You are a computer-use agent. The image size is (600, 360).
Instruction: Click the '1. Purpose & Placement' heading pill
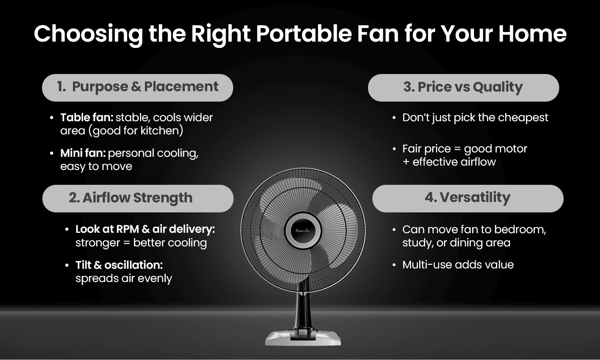(137, 87)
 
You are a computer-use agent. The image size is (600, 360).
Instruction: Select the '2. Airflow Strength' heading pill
(137, 198)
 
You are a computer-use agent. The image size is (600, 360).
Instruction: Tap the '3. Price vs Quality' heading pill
(463, 87)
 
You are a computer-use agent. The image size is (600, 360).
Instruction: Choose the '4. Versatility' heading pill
(468, 198)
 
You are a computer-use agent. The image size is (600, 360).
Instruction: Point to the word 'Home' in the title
(532, 34)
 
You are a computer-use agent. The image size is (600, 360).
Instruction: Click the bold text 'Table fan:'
(87, 118)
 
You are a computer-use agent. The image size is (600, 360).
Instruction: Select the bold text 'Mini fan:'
(83, 153)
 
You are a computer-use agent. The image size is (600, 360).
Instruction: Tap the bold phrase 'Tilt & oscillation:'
(119, 265)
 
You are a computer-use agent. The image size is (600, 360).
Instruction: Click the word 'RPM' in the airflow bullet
(127, 229)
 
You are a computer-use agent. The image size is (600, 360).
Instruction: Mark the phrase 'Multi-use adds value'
(458, 265)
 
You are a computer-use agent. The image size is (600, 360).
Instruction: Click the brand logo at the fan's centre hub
(302, 230)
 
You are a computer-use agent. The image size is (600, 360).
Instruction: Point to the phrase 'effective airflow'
(454, 162)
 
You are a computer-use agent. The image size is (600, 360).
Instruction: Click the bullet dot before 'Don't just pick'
(394, 118)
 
